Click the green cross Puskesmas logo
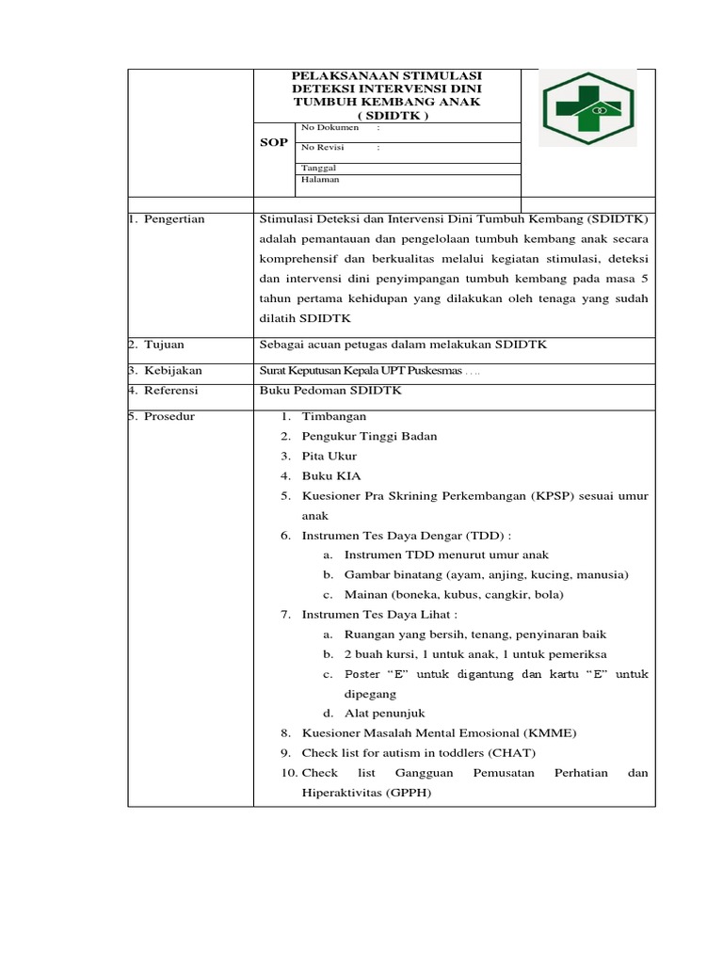coord(586,108)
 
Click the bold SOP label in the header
coord(273,142)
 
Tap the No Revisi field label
coord(323,147)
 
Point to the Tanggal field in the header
coord(318,167)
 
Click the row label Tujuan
coord(166,345)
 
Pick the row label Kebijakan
coord(172,371)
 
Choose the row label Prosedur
coord(169,416)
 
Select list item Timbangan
coord(334,416)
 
